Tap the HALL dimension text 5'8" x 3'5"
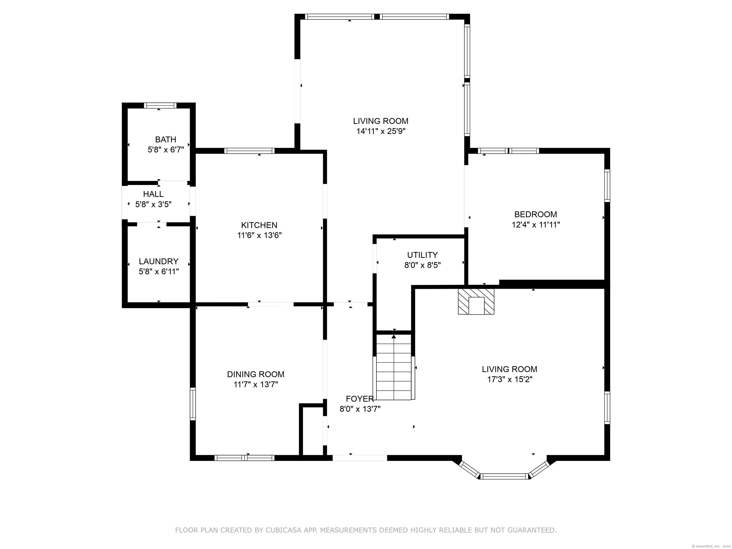(x=153, y=204)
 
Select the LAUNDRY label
(x=158, y=261)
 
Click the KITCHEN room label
(x=259, y=225)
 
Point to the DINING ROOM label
(x=255, y=374)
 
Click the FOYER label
(x=360, y=399)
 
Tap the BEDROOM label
(x=535, y=214)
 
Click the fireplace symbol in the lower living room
(x=476, y=301)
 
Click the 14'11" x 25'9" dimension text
(x=381, y=131)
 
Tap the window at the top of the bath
(x=160, y=106)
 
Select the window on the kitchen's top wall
(x=249, y=151)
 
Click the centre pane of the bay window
(x=504, y=477)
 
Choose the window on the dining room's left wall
(x=193, y=404)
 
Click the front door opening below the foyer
(x=360, y=458)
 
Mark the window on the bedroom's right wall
(x=607, y=186)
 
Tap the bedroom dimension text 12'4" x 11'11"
(x=536, y=225)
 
